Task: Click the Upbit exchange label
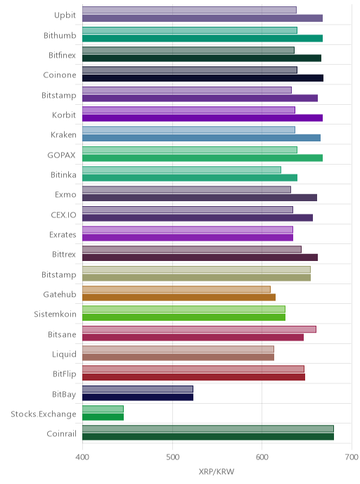point(65,15)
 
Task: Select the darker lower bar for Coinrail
point(208,437)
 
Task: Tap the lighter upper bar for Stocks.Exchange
point(103,409)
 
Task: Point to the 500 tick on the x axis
point(172,457)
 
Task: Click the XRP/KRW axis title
point(217,471)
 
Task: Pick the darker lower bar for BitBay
point(138,397)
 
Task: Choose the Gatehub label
point(60,295)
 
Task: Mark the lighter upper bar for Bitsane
point(199,329)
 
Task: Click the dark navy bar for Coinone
point(202,78)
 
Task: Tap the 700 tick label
point(352,457)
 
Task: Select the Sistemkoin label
point(55,314)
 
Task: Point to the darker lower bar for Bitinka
point(190,178)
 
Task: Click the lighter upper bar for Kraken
point(188,130)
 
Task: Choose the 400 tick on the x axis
point(82,457)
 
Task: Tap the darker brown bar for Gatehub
point(179,298)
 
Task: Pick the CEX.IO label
point(63,215)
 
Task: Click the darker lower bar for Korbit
point(202,118)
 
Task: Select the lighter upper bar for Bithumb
point(190,30)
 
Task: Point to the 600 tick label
point(262,457)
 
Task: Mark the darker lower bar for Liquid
point(178,357)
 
